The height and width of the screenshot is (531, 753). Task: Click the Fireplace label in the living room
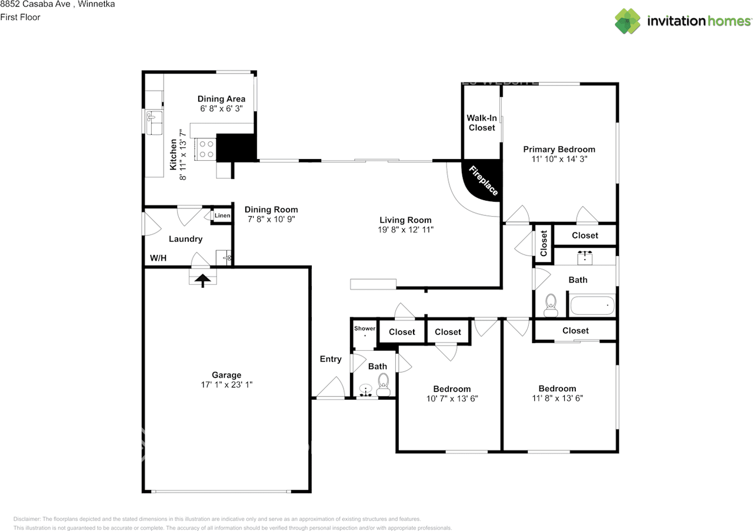click(x=484, y=181)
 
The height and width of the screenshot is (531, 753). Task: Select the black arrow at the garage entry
click(x=203, y=280)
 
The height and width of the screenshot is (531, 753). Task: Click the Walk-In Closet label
click(x=482, y=122)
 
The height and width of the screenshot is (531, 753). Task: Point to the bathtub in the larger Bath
click(x=591, y=307)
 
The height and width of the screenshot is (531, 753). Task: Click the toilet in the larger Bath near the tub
click(x=551, y=304)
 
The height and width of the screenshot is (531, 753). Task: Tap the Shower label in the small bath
click(x=364, y=328)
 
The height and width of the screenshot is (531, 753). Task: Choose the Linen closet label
click(x=222, y=216)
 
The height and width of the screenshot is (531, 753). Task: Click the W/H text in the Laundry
click(x=158, y=258)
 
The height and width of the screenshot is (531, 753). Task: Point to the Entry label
click(x=330, y=359)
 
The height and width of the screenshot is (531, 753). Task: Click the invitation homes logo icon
click(x=628, y=21)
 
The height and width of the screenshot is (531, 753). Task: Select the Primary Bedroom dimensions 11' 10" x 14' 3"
click(x=559, y=159)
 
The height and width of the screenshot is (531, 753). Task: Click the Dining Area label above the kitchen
click(x=221, y=99)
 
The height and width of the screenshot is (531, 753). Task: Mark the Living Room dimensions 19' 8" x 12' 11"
click(x=405, y=230)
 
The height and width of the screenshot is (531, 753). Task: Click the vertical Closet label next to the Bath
click(x=544, y=243)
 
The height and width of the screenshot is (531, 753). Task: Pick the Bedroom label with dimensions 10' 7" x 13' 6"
click(x=452, y=389)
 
